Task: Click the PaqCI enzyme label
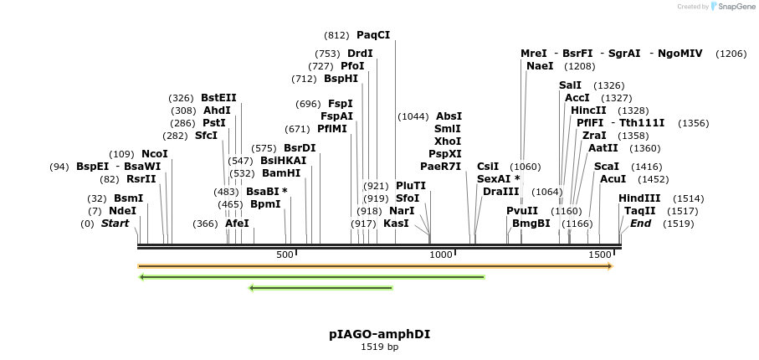coord(373,35)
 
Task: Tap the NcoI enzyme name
coord(154,154)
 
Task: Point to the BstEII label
coord(218,98)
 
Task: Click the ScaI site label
coord(606,167)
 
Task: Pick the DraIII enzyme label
coord(500,192)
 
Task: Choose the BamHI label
coord(281,173)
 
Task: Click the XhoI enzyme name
coord(448,141)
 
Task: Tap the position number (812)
coord(336,35)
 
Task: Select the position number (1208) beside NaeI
coord(579,66)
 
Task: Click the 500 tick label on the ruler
coord(285,255)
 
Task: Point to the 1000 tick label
coord(440,255)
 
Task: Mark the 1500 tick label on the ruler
coord(599,255)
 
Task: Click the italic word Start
coord(115,224)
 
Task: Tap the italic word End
coord(640,224)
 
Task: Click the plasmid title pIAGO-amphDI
coord(379,333)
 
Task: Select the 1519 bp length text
coord(379,347)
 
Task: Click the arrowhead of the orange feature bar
coord(610,266)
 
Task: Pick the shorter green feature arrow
coord(321,288)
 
